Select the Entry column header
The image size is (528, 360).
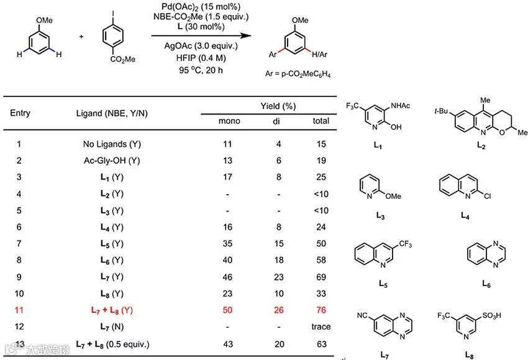pos(20,113)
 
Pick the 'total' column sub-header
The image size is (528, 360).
pos(321,121)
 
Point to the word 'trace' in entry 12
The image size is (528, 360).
pos(321,326)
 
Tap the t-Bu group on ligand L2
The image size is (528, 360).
pos(440,113)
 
